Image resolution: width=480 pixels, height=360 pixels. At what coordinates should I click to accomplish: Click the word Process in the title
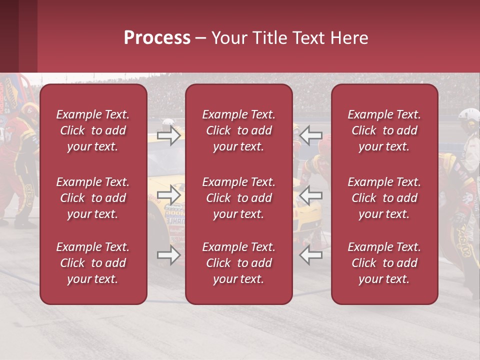[157, 38]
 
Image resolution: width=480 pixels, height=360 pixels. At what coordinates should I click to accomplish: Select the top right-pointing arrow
[169, 135]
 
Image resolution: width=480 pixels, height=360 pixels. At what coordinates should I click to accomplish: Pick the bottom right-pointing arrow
[169, 255]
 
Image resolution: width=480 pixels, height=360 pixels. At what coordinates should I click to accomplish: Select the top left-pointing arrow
[310, 135]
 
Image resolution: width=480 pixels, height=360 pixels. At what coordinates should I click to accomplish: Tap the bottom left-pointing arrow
[310, 255]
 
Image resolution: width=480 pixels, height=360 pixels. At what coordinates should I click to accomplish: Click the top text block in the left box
[93, 130]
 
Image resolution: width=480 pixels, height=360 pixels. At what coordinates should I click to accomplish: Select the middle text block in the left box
[93, 198]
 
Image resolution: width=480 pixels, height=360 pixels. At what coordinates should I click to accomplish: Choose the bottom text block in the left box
[93, 263]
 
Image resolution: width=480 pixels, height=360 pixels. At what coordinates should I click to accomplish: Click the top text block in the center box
[238, 130]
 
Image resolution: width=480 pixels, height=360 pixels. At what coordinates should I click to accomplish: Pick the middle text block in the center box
[238, 198]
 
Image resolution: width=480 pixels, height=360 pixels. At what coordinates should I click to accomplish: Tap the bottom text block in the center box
[238, 263]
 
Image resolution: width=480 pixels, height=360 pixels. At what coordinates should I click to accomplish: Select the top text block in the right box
[384, 130]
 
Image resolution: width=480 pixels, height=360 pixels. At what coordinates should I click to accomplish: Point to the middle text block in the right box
[384, 198]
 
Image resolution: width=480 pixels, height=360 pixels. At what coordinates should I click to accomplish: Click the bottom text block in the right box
[384, 263]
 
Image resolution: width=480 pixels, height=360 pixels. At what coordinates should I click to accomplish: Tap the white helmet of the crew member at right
[468, 115]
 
